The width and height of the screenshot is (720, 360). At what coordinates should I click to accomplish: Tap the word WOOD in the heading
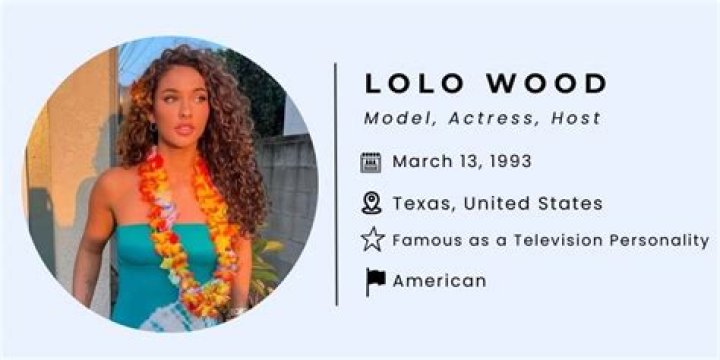click(x=541, y=84)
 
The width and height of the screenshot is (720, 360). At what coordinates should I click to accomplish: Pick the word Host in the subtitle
click(x=575, y=118)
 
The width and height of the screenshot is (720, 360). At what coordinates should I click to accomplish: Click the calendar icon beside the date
click(x=372, y=162)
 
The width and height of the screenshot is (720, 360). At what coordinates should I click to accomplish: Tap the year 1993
click(x=509, y=161)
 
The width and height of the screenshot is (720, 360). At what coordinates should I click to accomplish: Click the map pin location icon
click(x=372, y=203)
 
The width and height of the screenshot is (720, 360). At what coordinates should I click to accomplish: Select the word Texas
click(x=420, y=203)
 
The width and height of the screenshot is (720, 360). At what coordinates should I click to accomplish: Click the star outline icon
click(x=372, y=240)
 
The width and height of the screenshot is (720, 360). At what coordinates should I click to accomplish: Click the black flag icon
click(x=374, y=281)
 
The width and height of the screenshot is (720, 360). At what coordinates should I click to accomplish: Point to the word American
click(x=439, y=281)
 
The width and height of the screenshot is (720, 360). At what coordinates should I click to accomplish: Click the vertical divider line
click(x=336, y=184)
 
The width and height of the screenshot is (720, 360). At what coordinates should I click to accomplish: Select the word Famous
click(x=425, y=240)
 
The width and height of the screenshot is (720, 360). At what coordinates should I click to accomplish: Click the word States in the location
click(x=569, y=203)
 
